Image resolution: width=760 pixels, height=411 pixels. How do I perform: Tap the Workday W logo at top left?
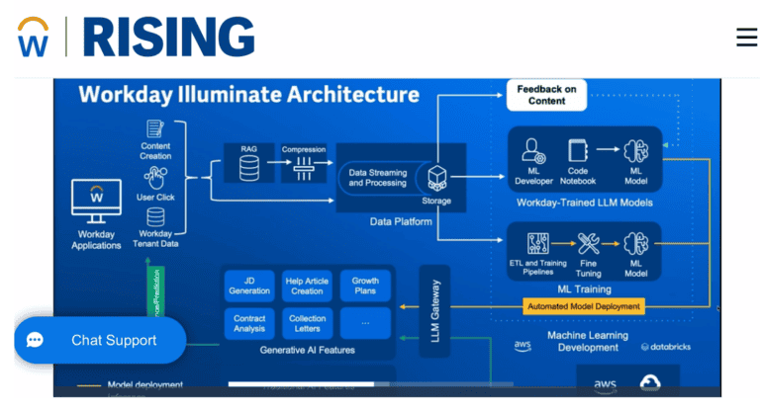pyautogui.click(x=33, y=37)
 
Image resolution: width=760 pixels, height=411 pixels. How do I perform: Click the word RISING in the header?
pyautogui.click(x=168, y=37)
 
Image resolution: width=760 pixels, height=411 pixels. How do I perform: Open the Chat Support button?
pyautogui.click(x=99, y=340)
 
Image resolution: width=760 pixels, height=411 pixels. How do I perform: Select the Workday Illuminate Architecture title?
pyautogui.click(x=248, y=95)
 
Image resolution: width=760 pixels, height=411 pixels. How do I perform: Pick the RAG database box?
pyautogui.click(x=249, y=164)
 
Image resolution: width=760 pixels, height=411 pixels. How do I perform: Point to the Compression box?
pyautogui.click(x=304, y=164)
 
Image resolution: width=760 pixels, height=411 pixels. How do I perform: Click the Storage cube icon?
pyautogui.click(x=436, y=179)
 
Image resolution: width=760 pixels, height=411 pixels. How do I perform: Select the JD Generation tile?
pyautogui.click(x=249, y=286)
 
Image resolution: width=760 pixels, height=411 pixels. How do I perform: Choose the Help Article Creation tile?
pyautogui.click(x=307, y=286)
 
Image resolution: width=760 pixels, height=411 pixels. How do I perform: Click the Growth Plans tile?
pyautogui.click(x=365, y=286)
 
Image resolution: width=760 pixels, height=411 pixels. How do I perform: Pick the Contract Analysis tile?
pyautogui.click(x=249, y=323)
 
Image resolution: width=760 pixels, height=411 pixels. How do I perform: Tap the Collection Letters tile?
pyautogui.click(x=307, y=323)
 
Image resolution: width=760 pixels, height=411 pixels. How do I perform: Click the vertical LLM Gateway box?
pyautogui.click(x=434, y=311)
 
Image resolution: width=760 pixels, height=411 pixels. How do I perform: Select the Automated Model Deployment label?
pyautogui.click(x=583, y=306)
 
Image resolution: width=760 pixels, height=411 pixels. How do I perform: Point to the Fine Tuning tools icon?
pyautogui.click(x=588, y=245)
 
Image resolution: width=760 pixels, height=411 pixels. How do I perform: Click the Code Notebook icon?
pyautogui.click(x=579, y=151)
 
